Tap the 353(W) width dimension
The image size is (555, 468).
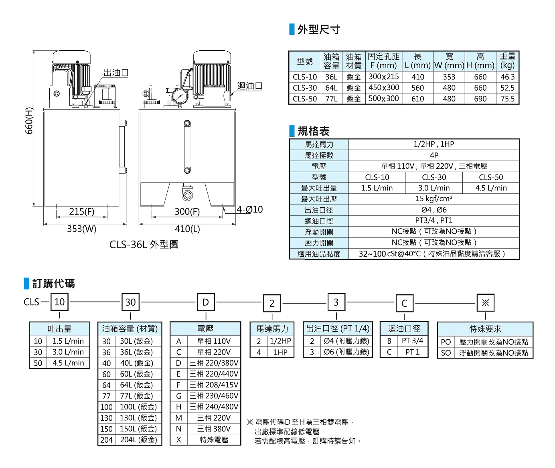[81, 229]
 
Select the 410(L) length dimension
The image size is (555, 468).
[187, 229]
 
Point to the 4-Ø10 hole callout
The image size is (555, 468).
[249, 209]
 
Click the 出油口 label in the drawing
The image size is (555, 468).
[116, 73]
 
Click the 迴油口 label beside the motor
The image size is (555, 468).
[249, 85]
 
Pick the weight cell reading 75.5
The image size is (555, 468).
[507, 99]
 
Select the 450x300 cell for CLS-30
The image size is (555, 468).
[383, 88]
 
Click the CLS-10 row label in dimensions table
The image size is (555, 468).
[304, 77]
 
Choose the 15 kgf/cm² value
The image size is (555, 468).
[434, 199]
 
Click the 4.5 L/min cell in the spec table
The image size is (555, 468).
[491, 188]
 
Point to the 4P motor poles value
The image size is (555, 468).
[434, 155]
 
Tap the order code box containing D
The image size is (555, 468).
[205, 302]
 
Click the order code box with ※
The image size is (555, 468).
[485, 303]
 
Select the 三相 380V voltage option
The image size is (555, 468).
[214, 429]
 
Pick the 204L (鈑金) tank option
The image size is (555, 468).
[138, 440]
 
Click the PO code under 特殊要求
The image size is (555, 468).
[446, 342]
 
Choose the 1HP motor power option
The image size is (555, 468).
[280, 353]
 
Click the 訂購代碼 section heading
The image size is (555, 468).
[53, 284]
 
